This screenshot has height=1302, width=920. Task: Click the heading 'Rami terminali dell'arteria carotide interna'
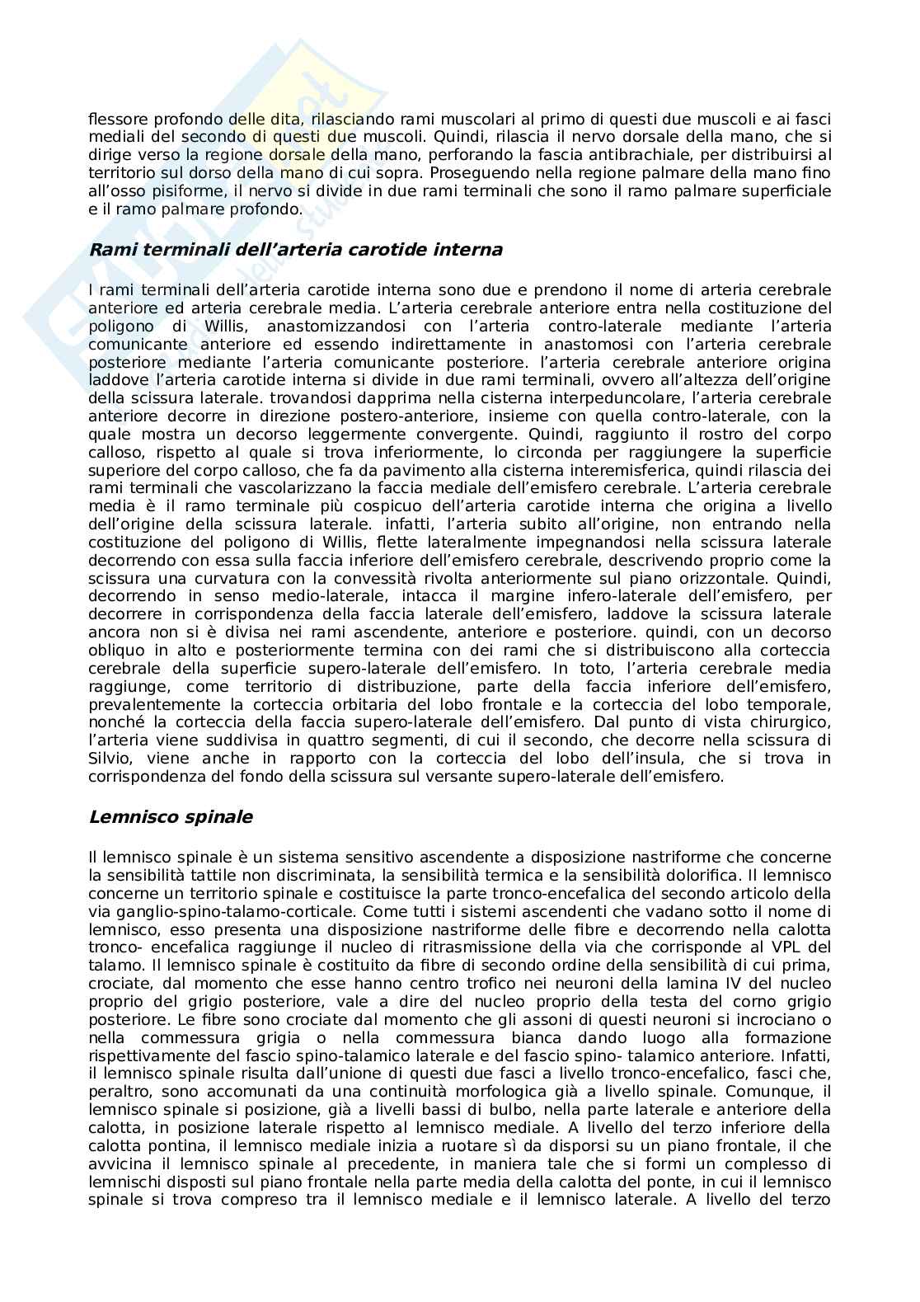[295, 250]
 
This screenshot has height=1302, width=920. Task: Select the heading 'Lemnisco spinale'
[171, 818]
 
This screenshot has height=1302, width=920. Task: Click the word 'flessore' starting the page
[115, 120]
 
